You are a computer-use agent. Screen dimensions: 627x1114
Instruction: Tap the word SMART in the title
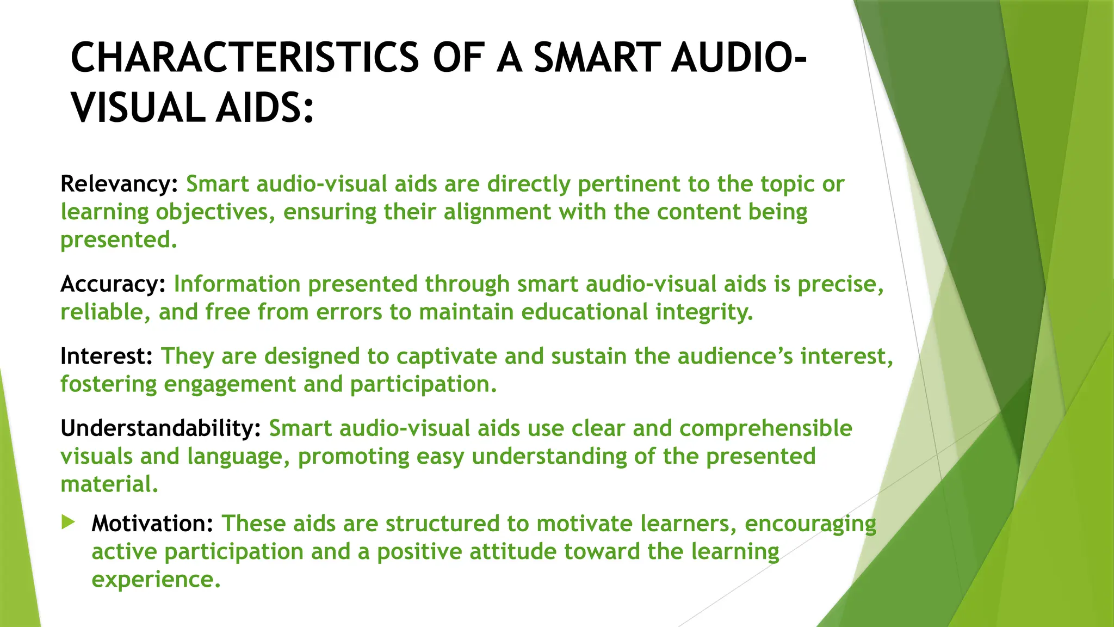click(x=597, y=58)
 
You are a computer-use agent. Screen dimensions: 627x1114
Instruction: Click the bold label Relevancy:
click(x=119, y=184)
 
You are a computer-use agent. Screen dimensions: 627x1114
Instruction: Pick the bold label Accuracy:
click(x=113, y=284)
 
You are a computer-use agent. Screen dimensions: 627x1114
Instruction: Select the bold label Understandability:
click(x=160, y=428)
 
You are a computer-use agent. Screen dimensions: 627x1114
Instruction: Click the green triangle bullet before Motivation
click(x=68, y=522)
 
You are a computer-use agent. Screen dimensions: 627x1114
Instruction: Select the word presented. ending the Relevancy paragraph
click(x=119, y=240)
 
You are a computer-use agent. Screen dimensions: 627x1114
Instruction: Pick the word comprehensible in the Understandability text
click(x=765, y=429)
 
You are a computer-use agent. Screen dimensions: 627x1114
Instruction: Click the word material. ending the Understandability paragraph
click(x=109, y=484)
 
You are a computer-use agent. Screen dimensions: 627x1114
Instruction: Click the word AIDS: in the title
click(x=264, y=107)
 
